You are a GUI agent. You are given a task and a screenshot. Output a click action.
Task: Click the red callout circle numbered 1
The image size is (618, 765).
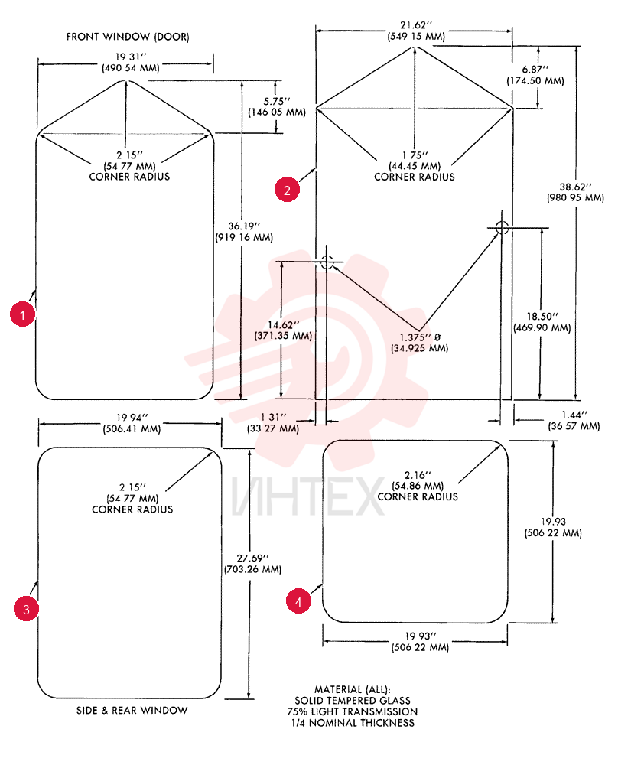[22, 314]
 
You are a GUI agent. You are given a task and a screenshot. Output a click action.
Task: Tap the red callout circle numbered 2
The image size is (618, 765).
[287, 189]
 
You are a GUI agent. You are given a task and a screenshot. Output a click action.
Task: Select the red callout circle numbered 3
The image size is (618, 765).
[26, 608]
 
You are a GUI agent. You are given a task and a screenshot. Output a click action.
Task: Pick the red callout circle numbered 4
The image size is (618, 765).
[298, 601]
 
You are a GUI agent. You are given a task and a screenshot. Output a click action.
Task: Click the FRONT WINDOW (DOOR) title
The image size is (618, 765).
[128, 37]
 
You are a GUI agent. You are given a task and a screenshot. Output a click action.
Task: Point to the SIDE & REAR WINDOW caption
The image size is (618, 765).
[132, 711]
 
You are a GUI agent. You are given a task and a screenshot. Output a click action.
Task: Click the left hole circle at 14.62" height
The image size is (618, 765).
[327, 262]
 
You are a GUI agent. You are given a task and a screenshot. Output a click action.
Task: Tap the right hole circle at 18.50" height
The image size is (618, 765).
[502, 227]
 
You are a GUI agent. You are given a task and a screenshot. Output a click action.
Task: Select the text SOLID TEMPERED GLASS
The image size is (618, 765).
[353, 701]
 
